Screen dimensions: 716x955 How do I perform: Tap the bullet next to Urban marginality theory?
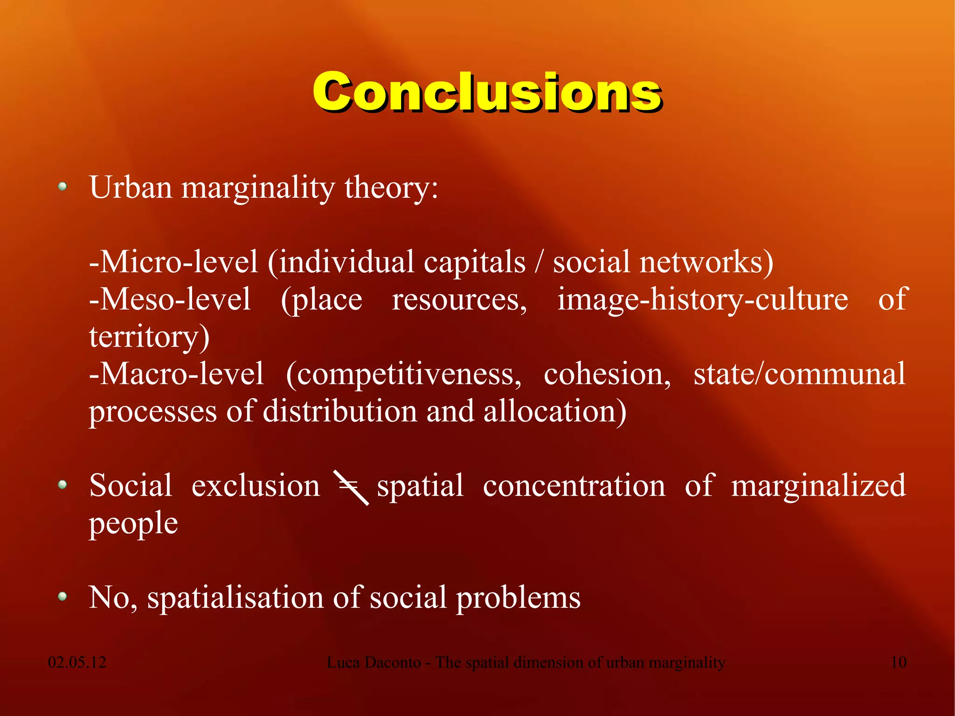coord(62,187)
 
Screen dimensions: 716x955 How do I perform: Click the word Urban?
coord(131,188)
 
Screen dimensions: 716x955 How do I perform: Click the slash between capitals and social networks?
coord(539,262)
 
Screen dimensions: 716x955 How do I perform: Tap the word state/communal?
coord(799,374)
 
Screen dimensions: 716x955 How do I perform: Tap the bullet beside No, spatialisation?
coord(62,596)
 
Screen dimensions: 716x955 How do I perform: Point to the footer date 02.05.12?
coord(77,662)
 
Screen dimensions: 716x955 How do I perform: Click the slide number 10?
coord(898,662)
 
